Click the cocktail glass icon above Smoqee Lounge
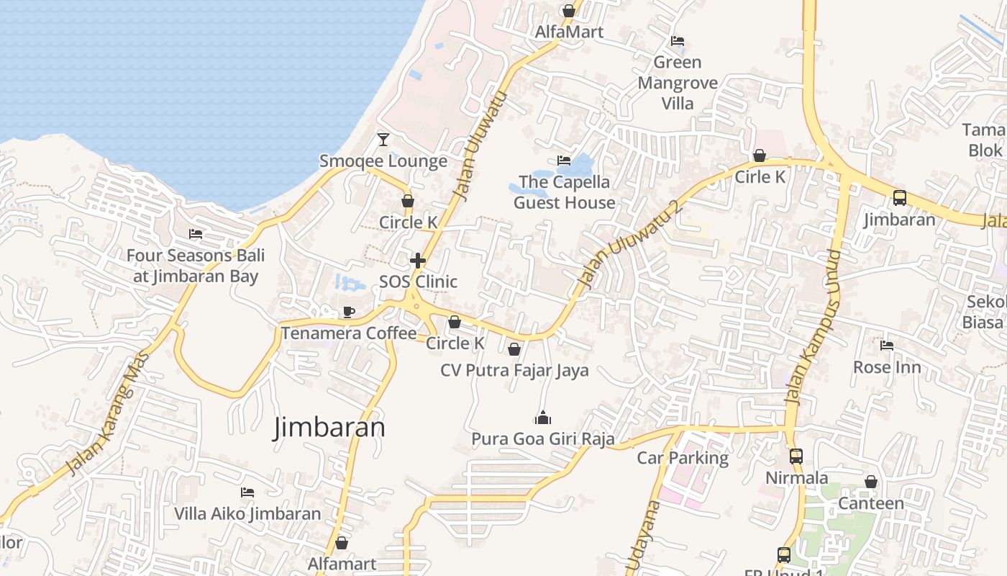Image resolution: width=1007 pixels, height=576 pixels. (x=383, y=139)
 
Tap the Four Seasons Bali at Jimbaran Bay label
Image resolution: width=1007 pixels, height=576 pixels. (x=196, y=266)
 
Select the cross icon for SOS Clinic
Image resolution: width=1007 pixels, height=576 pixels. (x=418, y=260)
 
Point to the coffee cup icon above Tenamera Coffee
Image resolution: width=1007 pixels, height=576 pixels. (x=349, y=312)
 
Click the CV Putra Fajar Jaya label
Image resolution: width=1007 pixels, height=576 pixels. (x=514, y=370)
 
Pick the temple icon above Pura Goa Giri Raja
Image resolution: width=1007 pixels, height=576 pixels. (x=543, y=418)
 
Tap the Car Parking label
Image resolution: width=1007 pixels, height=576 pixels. (x=683, y=458)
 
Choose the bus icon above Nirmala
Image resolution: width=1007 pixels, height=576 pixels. (x=796, y=456)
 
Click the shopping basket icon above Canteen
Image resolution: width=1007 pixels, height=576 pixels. (x=871, y=482)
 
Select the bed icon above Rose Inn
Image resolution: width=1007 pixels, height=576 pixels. (x=887, y=346)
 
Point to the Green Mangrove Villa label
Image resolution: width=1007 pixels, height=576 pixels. (x=678, y=83)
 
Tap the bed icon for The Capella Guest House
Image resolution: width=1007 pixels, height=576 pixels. (x=564, y=161)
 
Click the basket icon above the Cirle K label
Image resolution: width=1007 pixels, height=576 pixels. (x=760, y=156)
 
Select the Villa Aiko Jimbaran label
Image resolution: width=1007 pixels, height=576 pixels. (x=247, y=513)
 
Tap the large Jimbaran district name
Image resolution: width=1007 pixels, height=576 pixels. (x=329, y=428)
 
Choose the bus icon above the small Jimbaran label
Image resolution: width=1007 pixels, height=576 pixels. (x=899, y=198)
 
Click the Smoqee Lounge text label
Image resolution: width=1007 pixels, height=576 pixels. (x=383, y=161)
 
